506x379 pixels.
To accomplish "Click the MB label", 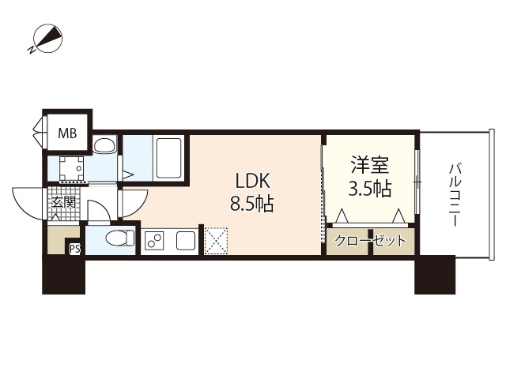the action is pyautogui.click(x=67, y=133).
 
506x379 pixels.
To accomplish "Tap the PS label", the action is pyautogui.click(x=75, y=249).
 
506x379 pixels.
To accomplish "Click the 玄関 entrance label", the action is pyautogui.click(x=63, y=202).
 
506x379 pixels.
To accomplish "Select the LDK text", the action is pyautogui.click(x=252, y=181).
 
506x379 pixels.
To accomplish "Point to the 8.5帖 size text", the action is pyautogui.click(x=252, y=204).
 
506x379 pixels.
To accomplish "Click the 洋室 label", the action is pyautogui.click(x=370, y=165).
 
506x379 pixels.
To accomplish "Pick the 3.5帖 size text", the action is pyautogui.click(x=370, y=189).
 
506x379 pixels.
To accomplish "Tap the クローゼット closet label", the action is pyautogui.click(x=370, y=241).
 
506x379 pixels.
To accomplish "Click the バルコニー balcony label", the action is pyautogui.click(x=455, y=195).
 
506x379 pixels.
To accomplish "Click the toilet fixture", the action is pyautogui.click(x=120, y=238).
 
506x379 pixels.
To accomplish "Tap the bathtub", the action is pyautogui.click(x=168, y=158).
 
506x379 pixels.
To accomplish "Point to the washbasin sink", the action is pyautogui.click(x=104, y=144).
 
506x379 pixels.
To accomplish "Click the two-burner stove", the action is pyautogui.click(x=154, y=240).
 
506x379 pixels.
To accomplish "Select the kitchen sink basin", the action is pyautogui.click(x=186, y=240).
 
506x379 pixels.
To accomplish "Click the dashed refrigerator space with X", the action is pyautogui.click(x=216, y=241).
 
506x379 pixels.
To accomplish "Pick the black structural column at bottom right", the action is pyautogui.click(x=435, y=275).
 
